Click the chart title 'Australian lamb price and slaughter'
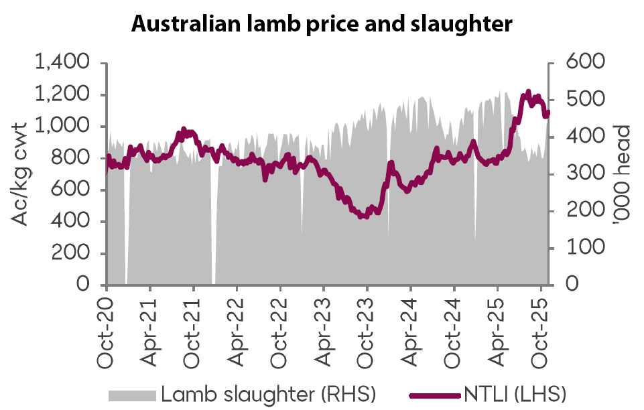[x=322, y=24]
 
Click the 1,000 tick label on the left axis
[x=64, y=127]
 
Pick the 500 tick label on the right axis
[x=586, y=100]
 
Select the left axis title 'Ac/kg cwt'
[x=21, y=174]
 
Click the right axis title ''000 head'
[x=623, y=174]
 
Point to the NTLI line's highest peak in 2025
[x=528, y=92]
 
